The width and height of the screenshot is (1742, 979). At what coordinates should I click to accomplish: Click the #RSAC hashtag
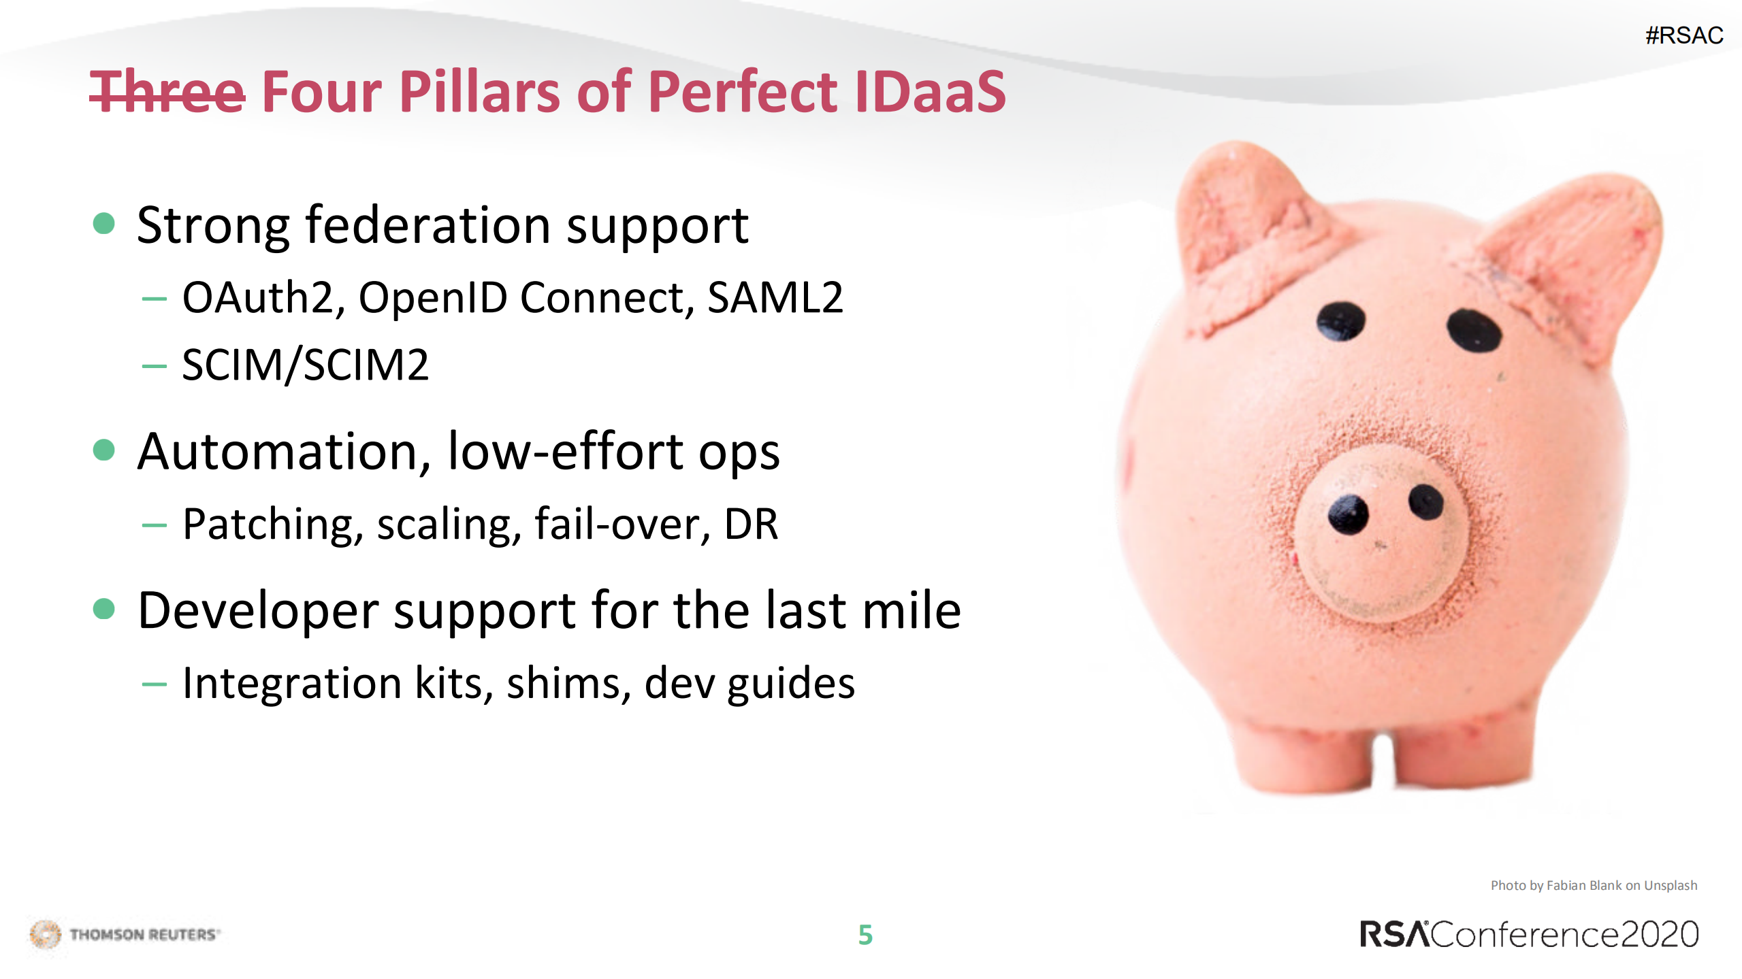click(1683, 35)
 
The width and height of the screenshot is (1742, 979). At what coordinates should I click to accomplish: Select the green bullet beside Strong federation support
click(103, 223)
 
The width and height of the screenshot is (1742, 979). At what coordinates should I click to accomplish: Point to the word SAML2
click(775, 298)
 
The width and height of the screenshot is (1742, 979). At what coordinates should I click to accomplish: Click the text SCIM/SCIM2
click(305, 365)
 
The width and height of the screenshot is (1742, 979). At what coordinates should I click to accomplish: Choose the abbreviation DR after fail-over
click(751, 525)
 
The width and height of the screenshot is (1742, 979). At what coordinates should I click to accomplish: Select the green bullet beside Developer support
click(103, 608)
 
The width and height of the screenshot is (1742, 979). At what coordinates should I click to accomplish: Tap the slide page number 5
click(865, 935)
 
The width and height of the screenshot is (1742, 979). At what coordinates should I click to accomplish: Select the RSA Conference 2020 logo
click(1529, 934)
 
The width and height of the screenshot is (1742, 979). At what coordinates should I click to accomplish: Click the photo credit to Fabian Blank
click(1593, 885)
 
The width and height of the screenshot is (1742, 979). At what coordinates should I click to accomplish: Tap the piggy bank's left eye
click(1340, 321)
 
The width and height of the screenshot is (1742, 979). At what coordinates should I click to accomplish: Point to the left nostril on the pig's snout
click(1348, 515)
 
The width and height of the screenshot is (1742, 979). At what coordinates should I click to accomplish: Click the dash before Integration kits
click(155, 684)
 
